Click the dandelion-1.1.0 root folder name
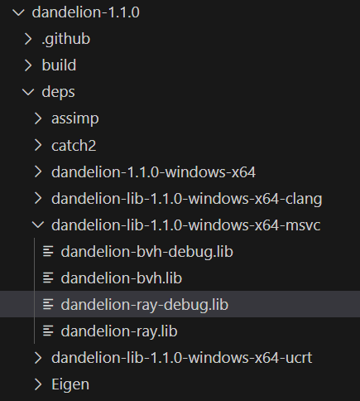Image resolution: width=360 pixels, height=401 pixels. pos(86,12)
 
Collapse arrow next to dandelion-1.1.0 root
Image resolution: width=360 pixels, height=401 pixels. pos(19,12)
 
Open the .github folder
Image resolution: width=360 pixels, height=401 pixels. pos(66,39)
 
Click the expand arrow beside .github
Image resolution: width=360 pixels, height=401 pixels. pos(28,39)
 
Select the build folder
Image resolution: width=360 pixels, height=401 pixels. pos(59,65)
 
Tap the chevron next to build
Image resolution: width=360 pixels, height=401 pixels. pos(28,65)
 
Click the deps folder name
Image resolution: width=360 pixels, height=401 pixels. pos(58,92)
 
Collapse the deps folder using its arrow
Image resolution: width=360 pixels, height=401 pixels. pos(28,92)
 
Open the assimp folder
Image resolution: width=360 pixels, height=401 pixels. pos(75,118)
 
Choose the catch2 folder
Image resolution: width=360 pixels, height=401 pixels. pos(74,145)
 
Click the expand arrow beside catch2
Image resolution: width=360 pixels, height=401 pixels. pos(38,145)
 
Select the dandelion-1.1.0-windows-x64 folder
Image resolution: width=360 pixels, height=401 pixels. pos(153,172)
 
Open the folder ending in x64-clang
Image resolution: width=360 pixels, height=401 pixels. pos(187,199)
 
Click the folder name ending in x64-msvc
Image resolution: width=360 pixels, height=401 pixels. pos(186,225)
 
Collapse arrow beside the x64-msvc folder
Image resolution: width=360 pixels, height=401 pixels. pos(38,225)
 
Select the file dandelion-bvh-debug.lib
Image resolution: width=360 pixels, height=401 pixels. pos(147,252)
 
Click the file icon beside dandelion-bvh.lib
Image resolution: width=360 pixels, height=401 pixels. pos(48,278)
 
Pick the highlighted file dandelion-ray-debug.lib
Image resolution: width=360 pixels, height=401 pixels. pos(145,305)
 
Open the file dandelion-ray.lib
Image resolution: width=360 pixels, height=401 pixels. pos(119,331)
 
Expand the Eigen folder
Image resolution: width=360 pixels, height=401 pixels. pos(70,384)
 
